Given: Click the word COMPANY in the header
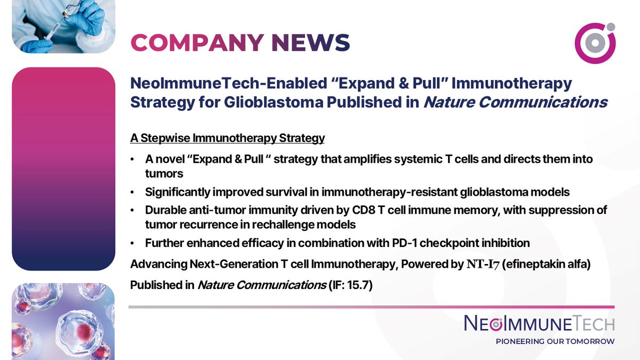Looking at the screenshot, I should pos(197,42).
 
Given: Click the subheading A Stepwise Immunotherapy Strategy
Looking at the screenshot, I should pos(227,138).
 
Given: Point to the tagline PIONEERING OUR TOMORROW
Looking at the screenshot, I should pos(555,341).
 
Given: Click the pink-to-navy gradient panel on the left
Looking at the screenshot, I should pos(63,169).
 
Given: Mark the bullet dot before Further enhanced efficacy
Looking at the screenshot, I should pos(132,244).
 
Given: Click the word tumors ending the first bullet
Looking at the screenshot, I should pos(164,173).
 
